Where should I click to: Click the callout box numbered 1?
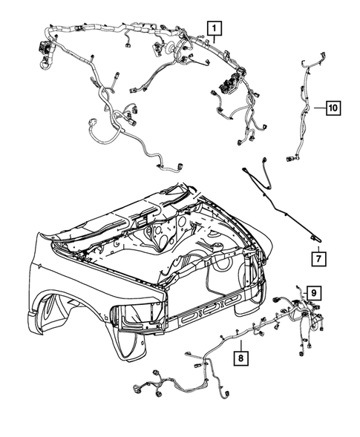(214, 30)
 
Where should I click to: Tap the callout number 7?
(317, 259)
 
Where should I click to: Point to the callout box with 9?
(313, 293)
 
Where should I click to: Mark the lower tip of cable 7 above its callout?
(315, 237)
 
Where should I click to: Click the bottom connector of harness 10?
(290, 157)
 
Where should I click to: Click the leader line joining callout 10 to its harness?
(316, 108)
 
